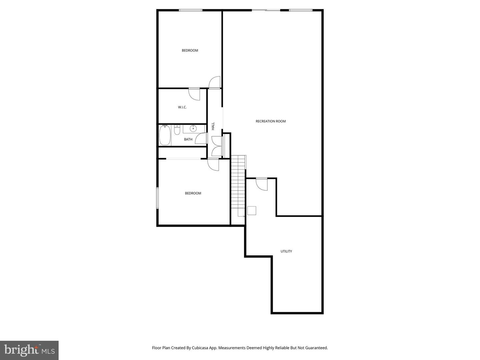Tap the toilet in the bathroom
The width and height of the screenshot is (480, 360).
click(x=177, y=130)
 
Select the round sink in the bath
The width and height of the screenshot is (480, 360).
click(x=193, y=128)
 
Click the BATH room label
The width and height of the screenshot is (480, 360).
click(x=188, y=139)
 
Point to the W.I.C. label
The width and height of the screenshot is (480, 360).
click(x=182, y=107)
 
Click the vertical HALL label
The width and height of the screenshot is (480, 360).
click(x=213, y=126)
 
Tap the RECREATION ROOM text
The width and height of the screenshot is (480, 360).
click(x=271, y=121)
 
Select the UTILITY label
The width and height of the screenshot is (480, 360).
click(x=286, y=251)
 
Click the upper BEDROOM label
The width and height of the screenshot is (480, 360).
click(x=190, y=51)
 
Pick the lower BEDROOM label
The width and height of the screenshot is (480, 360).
click(x=193, y=193)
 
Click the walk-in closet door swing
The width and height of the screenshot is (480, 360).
click(x=194, y=94)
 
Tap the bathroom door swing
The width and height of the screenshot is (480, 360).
click(x=201, y=138)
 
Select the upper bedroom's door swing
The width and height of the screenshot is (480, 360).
click(x=215, y=82)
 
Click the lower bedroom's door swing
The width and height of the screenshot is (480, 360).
click(x=213, y=165)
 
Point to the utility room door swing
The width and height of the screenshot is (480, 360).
click(x=262, y=184)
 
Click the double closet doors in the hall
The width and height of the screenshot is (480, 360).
click(x=217, y=146)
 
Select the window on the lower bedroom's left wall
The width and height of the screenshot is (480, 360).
click(x=158, y=198)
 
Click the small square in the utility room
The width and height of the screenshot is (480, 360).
click(x=252, y=211)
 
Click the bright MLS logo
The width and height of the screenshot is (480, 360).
click(x=29, y=350)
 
